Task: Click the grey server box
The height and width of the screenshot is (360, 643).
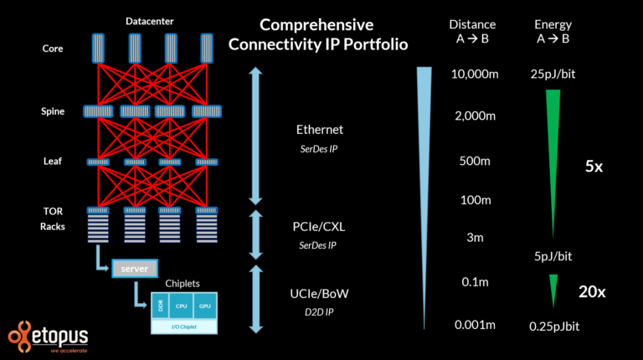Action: (134, 269)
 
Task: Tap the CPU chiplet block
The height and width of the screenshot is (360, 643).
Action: (183, 306)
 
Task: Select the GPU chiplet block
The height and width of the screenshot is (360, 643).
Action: (205, 306)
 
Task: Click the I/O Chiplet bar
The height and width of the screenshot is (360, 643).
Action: (184, 327)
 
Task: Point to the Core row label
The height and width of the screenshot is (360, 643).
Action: (53, 49)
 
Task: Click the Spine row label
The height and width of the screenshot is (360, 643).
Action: (53, 111)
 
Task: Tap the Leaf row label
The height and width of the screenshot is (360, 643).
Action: (53, 161)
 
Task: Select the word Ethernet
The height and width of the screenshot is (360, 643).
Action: (320, 130)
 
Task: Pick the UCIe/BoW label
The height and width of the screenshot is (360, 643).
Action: (320, 294)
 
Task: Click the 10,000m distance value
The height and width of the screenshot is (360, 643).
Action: (475, 75)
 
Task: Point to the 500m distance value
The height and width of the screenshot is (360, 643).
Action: (475, 161)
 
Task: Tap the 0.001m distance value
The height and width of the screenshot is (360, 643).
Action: (475, 324)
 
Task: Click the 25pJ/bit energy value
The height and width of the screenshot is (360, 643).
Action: (553, 75)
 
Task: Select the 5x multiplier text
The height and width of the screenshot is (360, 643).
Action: (593, 167)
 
